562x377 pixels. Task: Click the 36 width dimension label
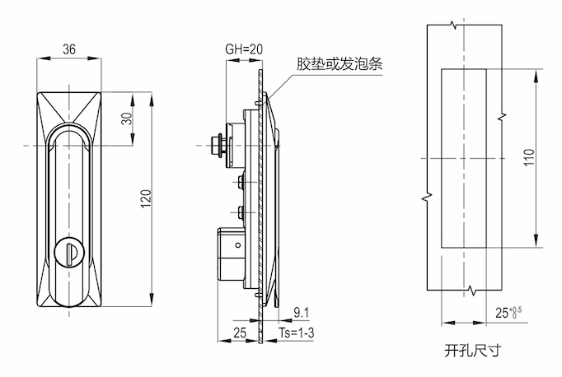pos(69,49)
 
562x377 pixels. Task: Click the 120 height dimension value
pos(146,198)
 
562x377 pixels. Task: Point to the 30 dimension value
pos(126,119)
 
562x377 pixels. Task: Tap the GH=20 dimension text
pos(244,49)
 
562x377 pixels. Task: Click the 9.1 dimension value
pos(302,312)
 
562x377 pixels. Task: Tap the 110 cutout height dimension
pos(530,157)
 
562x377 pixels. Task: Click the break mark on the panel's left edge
pos(427,198)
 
